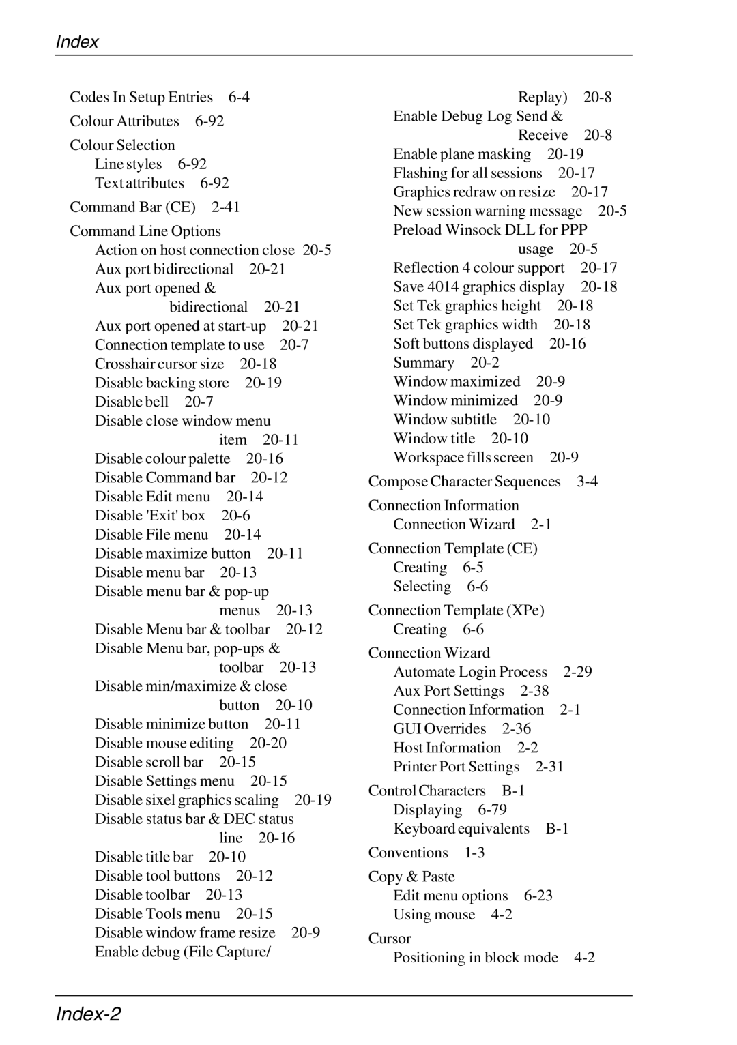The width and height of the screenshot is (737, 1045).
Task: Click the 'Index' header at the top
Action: coord(77,42)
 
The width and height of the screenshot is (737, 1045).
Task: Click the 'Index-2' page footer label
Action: coord(88,1014)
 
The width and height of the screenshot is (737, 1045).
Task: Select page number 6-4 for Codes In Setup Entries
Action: coord(239,98)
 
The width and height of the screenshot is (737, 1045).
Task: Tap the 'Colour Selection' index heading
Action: coord(122,145)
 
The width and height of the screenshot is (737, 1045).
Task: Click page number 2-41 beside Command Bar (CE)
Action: coord(226,207)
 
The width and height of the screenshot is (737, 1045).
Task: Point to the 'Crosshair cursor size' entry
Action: coord(159,364)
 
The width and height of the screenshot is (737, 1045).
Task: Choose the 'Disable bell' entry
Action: coord(132,402)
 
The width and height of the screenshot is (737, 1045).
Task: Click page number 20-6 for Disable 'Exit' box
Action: coord(235,516)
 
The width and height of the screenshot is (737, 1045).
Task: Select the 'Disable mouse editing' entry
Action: coord(164,744)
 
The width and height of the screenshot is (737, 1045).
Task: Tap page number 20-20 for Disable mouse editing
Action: coord(268,744)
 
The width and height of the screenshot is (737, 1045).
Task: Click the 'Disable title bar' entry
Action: coord(144,857)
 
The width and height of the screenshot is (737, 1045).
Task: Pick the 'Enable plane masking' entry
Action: coord(462,155)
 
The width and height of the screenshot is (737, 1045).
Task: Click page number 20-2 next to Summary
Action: coord(485,364)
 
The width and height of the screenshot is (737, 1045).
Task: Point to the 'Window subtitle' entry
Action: coord(445,420)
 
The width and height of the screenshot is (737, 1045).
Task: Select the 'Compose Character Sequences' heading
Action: coord(464,482)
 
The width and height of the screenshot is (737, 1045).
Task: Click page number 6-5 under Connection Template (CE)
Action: coord(473,568)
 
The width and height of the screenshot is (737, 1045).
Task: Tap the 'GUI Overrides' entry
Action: coord(439,730)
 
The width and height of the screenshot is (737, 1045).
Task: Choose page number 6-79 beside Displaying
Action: coord(492,810)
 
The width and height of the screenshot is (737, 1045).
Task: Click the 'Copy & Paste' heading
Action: coord(411,877)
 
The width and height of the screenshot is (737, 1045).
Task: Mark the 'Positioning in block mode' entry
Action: coord(476,958)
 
